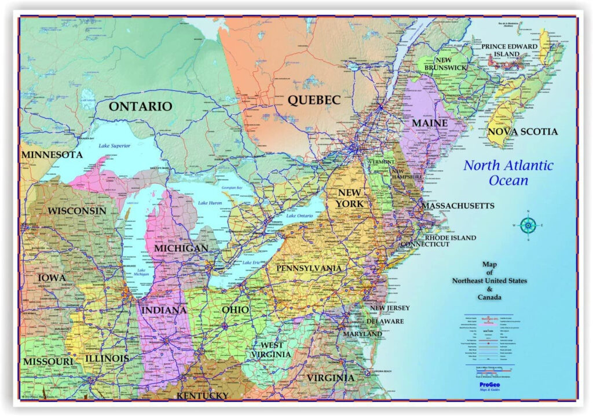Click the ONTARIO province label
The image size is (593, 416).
pyautogui.click(x=141, y=106)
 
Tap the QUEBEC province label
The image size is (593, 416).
pyautogui.click(x=314, y=100)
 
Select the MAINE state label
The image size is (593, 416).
pyautogui.click(x=429, y=123)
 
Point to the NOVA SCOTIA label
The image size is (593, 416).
pyautogui.click(x=522, y=132)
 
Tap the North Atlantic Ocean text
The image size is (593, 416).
pyautogui.click(x=508, y=173)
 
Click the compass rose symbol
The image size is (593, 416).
pyautogui.click(x=528, y=225)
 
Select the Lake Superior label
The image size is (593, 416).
pyautogui.click(x=114, y=145)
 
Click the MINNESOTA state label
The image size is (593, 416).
pyautogui.click(x=52, y=155)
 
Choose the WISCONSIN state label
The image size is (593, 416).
pyautogui.click(x=77, y=210)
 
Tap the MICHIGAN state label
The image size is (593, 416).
pyautogui.click(x=181, y=248)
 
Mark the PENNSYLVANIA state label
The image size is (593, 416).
pyautogui.click(x=309, y=268)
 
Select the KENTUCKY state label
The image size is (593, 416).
pyautogui.click(x=202, y=395)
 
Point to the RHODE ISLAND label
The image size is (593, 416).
pyautogui.click(x=451, y=238)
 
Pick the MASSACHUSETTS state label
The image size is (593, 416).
pyautogui.click(x=457, y=206)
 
